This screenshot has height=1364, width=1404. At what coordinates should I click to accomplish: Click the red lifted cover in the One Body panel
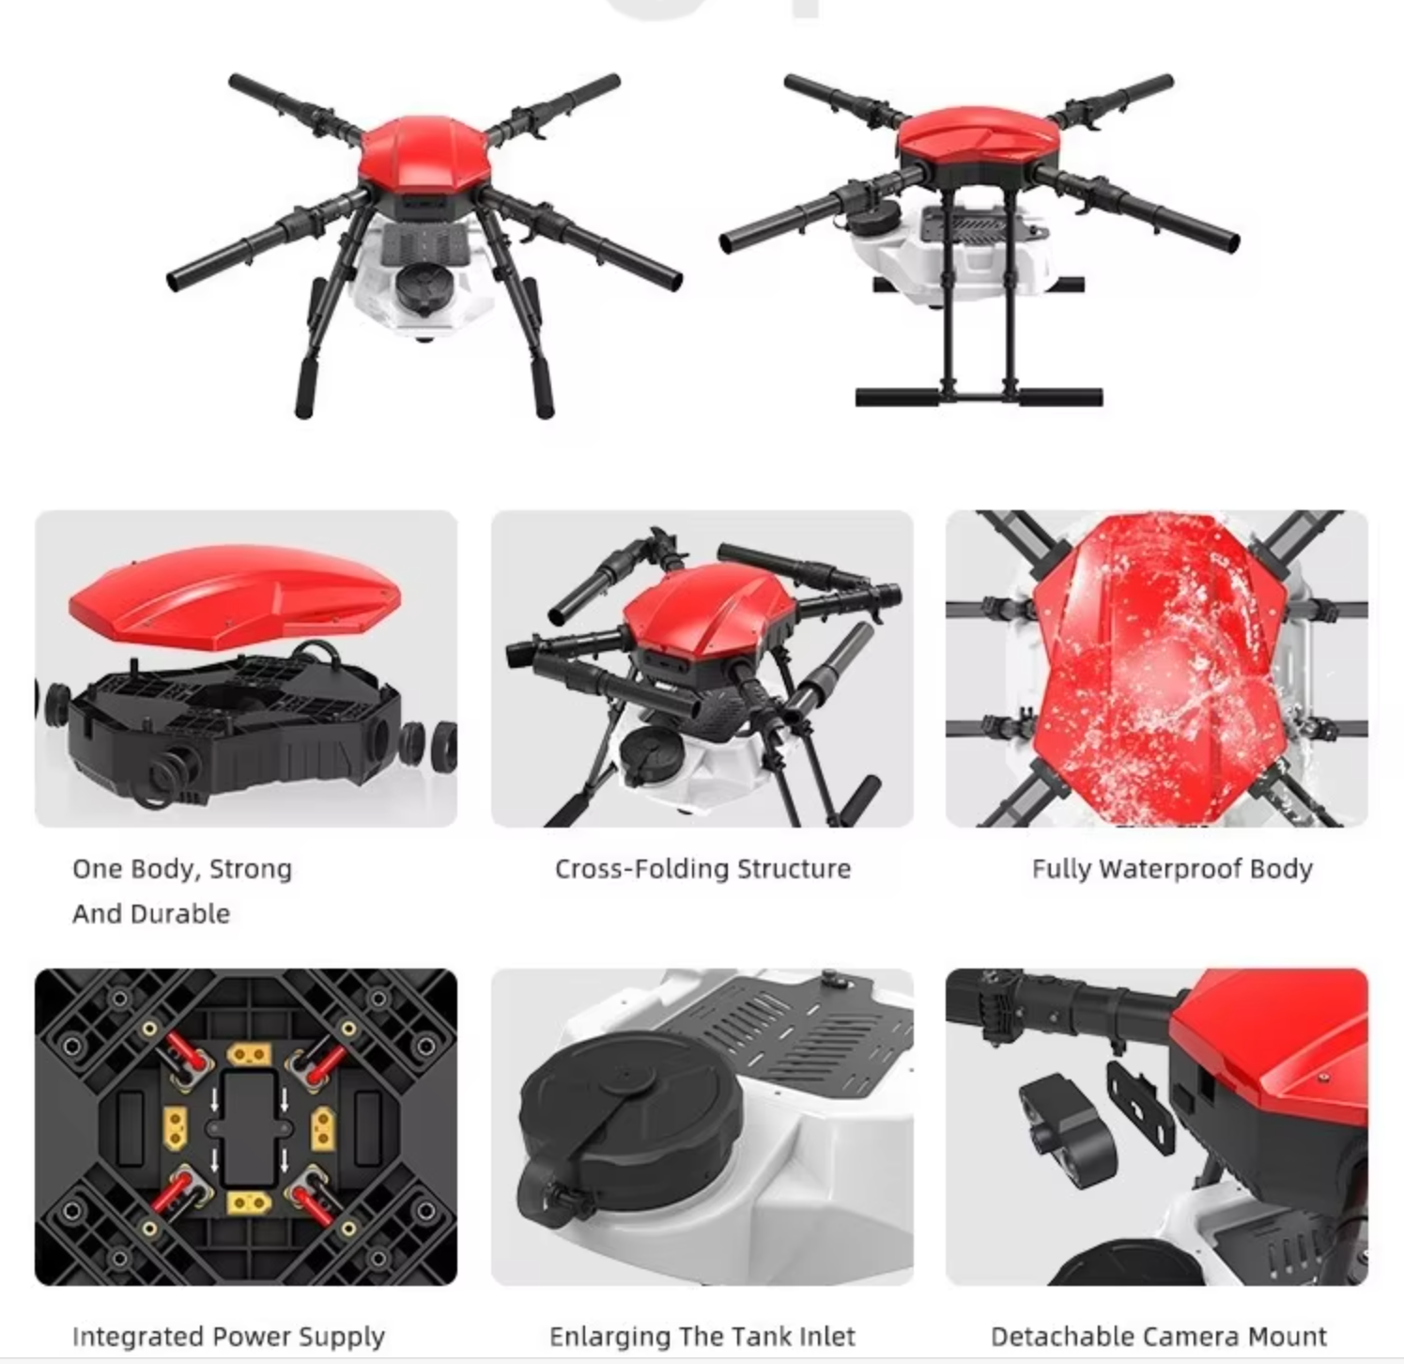click(x=235, y=594)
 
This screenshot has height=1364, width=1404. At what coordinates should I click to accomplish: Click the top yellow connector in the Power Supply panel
click(x=249, y=1055)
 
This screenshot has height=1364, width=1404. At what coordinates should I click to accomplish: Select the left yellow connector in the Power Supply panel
click(x=176, y=1127)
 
